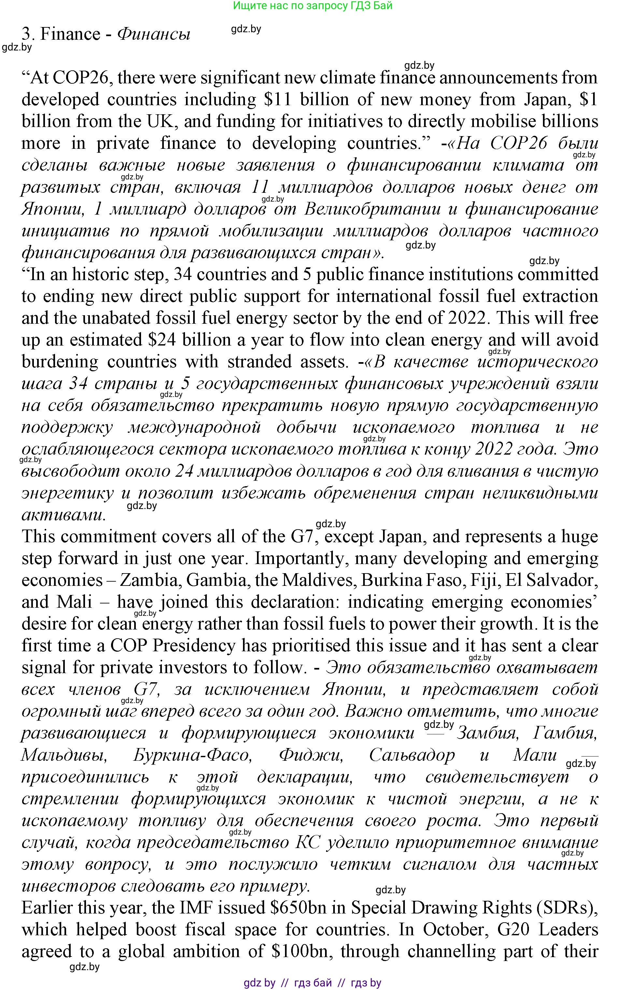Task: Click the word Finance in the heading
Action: coord(70,34)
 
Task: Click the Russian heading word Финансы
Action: coord(154,34)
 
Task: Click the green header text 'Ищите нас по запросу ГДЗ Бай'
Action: coord(313,6)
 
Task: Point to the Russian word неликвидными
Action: coord(540,492)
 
